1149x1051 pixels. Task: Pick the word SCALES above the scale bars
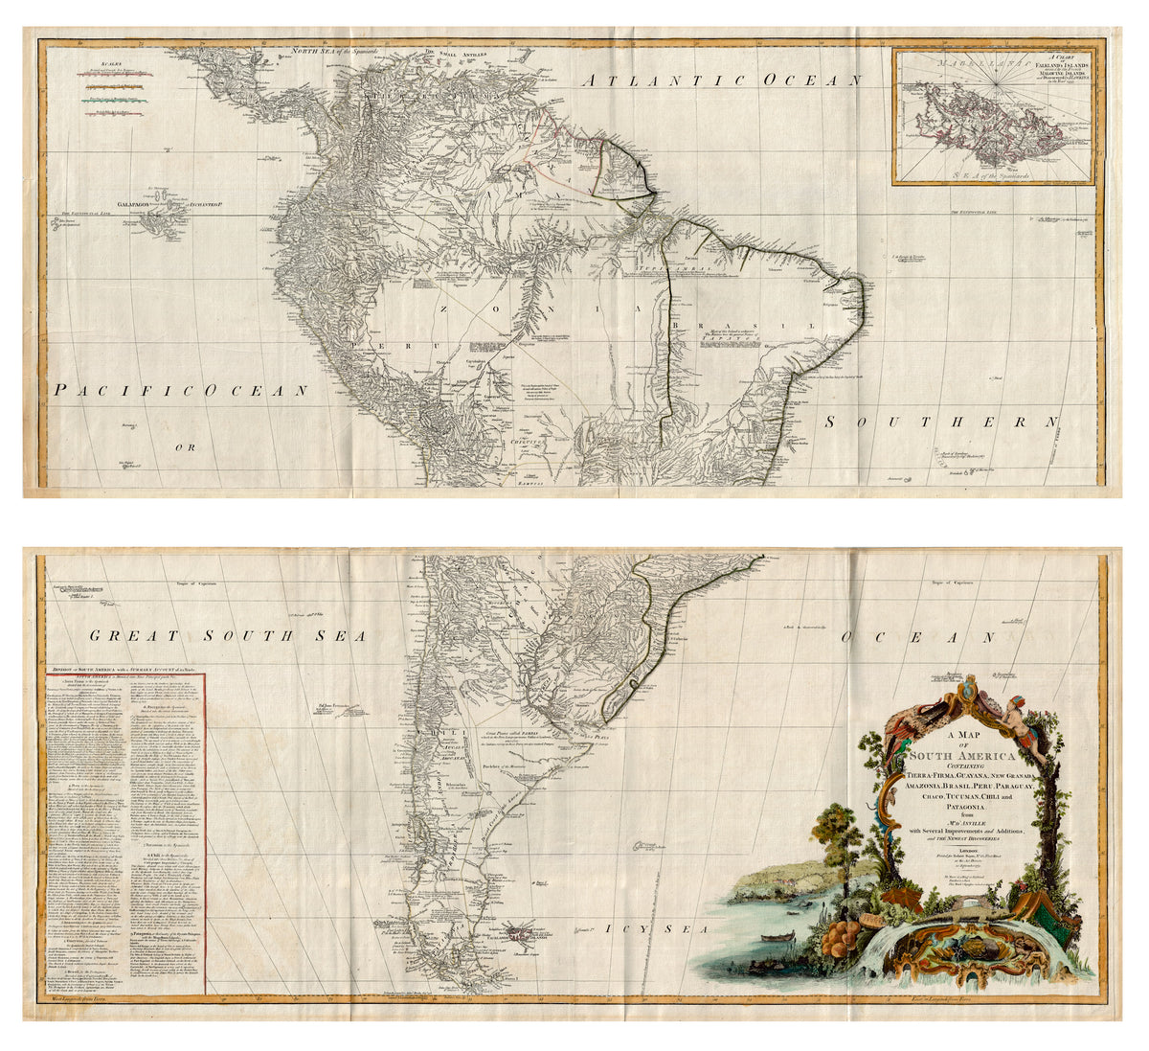95,61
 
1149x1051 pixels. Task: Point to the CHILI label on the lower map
448,737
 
